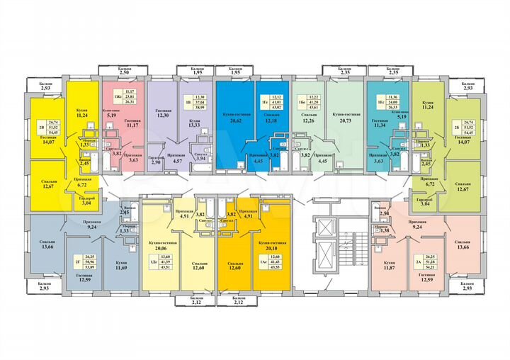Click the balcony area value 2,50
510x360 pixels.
tap(123, 73)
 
